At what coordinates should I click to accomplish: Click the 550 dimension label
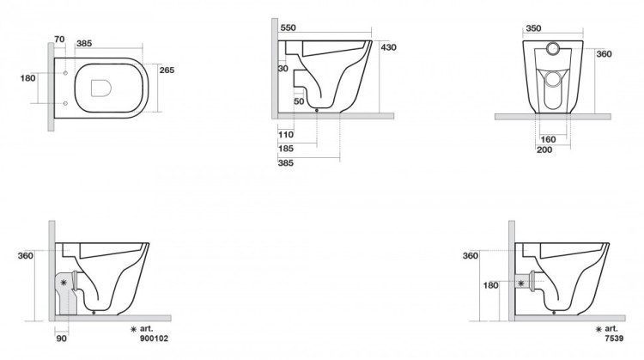(x=288, y=28)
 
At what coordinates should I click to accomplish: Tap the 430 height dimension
(x=388, y=47)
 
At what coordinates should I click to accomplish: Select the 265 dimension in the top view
(x=167, y=70)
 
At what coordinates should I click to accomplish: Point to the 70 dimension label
(x=59, y=39)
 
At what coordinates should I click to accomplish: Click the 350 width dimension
(x=533, y=28)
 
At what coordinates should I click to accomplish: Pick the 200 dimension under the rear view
(x=544, y=150)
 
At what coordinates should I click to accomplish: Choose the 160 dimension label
(x=549, y=140)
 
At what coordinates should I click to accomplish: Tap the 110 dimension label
(x=286, y=134)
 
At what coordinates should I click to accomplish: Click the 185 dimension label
(x=286, y=149)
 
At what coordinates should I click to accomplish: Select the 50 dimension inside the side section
(x=299, y=101)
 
